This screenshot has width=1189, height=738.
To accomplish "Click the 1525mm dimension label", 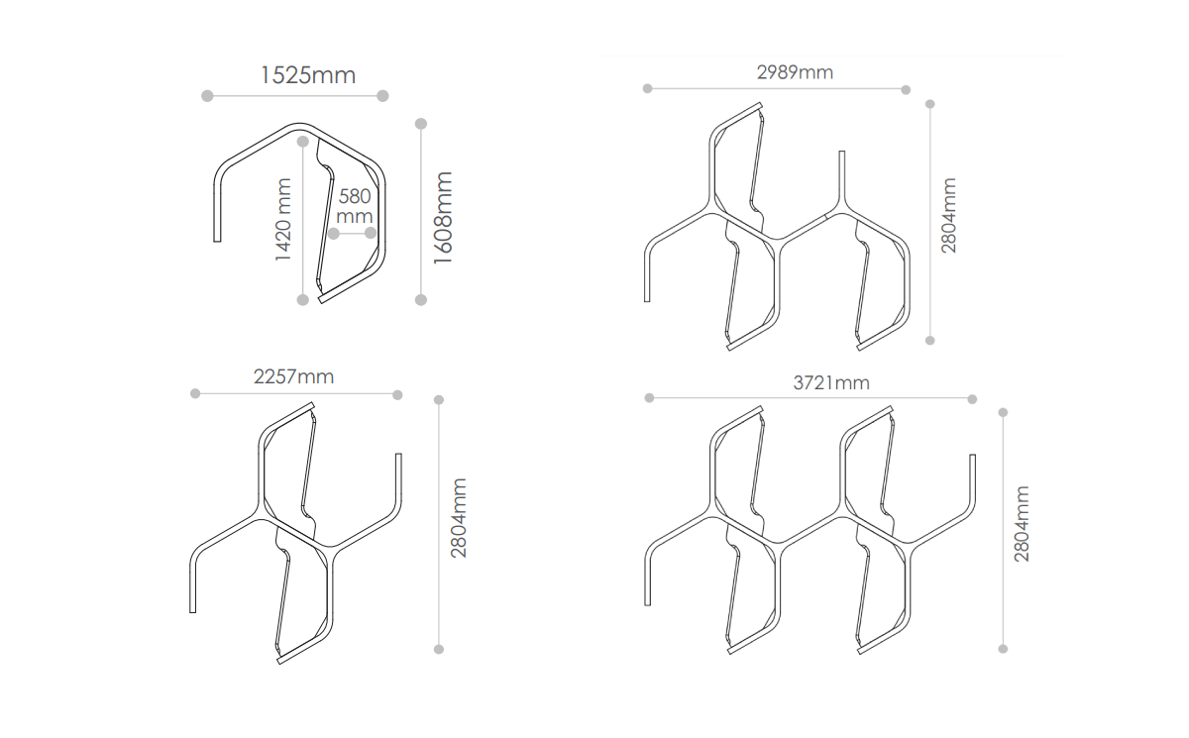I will click(x=307, y=75).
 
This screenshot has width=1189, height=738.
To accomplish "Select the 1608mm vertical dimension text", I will click(x=443, y=218).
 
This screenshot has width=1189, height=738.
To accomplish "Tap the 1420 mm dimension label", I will click(x=284, y=219).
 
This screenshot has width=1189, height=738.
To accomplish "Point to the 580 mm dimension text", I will click(x=354, y=206).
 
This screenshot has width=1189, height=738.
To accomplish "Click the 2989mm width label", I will click(x=795, y=72).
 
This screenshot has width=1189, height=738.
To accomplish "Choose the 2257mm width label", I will click(x=293, y=376).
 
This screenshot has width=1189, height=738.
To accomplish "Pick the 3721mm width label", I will click(x=831, y=382).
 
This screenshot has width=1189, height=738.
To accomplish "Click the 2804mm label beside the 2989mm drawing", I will click(x=949, y=215).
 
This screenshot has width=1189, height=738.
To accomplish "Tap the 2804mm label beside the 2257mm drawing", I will click(x=459, y=517).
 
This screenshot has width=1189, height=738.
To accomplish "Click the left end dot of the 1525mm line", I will click(x=207, y=96).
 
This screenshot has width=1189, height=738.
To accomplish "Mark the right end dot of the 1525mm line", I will click(x=383, y=96).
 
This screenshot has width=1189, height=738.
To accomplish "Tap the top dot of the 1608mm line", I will click(x=421, y=124).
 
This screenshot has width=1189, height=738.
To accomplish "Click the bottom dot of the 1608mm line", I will click(x=421, y=299).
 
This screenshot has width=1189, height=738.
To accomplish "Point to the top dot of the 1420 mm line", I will click(x=303, y=141).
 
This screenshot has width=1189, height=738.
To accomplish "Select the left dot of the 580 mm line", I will click(x=334, y=234).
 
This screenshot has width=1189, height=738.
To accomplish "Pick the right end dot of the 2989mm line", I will click(x=906, y=89).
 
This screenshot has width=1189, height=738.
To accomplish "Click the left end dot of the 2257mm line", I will click(x=195, y=394).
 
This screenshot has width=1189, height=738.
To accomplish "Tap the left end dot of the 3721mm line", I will click(x=649, y=398).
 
